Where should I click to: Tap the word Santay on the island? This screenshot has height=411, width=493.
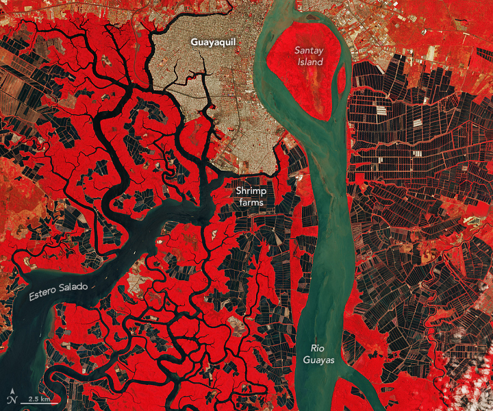[x=309, y=50]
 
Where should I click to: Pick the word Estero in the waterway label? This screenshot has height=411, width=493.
[x=43, y=294]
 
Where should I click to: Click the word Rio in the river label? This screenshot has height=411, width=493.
[x=316, y=349]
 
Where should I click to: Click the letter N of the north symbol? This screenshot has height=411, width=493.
[x=12, y=400]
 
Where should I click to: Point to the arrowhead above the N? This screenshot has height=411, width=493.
[x=12, y=391]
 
